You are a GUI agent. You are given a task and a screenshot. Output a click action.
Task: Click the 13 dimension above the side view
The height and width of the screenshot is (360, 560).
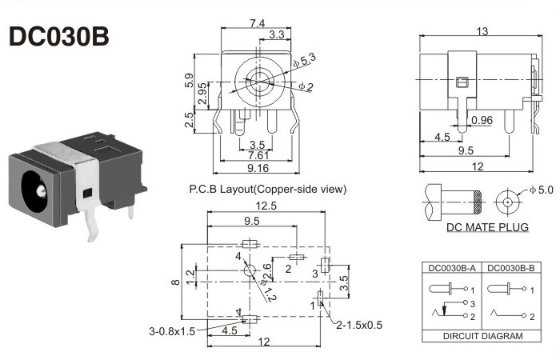coord(482,31)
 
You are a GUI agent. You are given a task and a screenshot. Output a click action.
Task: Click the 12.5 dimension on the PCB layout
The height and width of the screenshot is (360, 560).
coord(267,206)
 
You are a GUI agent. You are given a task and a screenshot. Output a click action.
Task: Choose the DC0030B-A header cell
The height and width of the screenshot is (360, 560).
coord(452,267)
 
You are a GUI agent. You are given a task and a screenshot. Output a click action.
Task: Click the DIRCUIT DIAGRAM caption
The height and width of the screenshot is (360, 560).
coord(482,337)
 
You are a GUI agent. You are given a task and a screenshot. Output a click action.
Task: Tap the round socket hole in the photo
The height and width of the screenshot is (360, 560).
coord(37,190)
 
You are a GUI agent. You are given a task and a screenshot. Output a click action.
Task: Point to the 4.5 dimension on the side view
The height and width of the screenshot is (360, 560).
coord(442,136)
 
